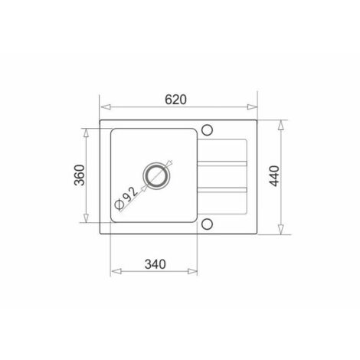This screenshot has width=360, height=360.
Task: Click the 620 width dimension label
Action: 175,100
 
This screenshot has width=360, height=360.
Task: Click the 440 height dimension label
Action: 275,176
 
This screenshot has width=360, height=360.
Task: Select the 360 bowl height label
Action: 79,175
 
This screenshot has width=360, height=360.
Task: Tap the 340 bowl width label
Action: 155,264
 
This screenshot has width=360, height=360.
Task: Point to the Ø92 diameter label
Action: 126,198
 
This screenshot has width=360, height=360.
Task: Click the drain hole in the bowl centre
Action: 155,175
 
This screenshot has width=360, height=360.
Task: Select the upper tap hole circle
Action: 207,130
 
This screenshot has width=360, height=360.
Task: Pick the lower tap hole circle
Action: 207,224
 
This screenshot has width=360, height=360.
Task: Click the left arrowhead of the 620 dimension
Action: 105,107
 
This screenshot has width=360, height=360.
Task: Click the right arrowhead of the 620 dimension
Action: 252,107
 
